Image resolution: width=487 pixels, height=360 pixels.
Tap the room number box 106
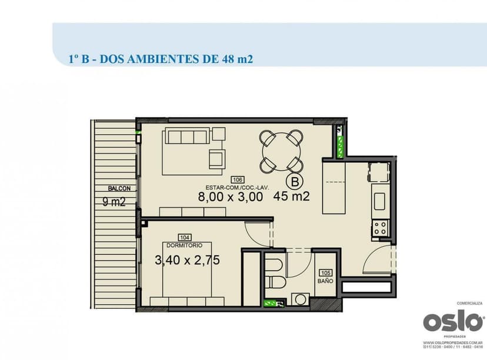coord(238,180)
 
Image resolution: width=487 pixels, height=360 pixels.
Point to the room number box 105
coord(325,273)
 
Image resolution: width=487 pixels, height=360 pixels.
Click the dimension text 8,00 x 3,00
coord(231,197)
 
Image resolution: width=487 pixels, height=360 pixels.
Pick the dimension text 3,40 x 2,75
coord(187,259)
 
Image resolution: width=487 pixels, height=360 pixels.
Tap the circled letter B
coord(294,181)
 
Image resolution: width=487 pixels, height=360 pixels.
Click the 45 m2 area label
coord(292,197)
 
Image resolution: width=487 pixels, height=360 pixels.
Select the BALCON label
coord(119,189)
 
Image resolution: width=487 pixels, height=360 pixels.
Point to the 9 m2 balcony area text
coord(114,203)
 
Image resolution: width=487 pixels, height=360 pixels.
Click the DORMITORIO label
coord(185,245)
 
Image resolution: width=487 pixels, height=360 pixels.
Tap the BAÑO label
coord(325,281)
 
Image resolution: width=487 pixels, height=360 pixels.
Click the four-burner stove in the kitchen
coord(379,228)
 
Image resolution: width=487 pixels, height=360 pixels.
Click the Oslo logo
coord(453,322)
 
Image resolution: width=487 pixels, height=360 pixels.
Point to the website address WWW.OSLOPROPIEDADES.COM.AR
coord(453,342)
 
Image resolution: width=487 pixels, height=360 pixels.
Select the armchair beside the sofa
coord(216,157)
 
